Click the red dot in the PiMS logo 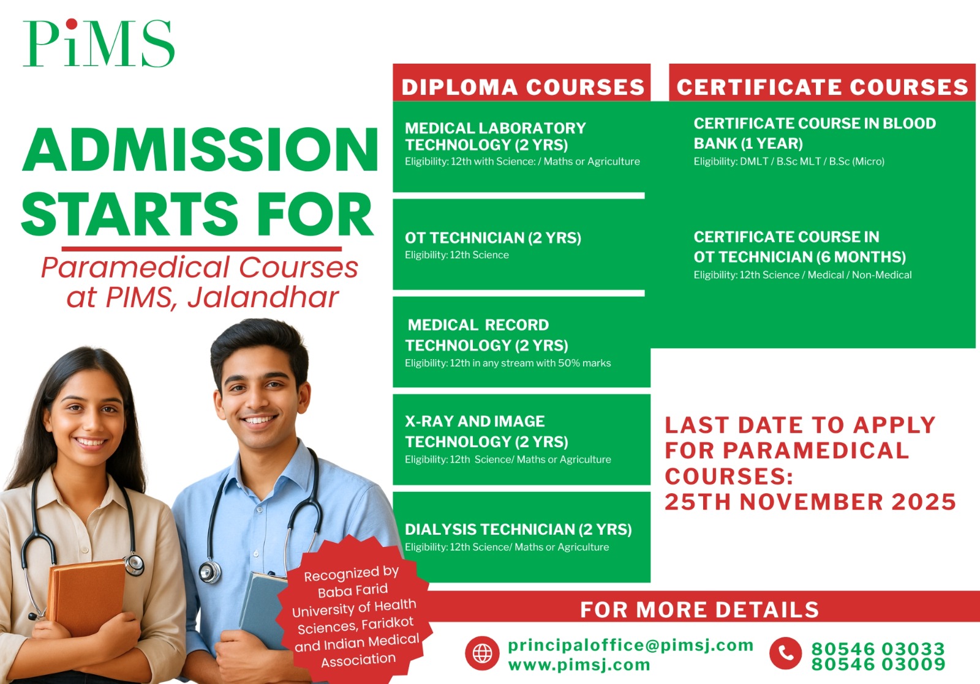click(72, 24)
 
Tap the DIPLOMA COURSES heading click(523, 86)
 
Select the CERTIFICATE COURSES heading click(822, 86)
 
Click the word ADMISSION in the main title click(200, 149)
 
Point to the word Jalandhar click(263, 297)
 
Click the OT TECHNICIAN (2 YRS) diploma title click(493, 238)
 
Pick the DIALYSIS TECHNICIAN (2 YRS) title click(518, 529)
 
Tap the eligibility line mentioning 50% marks click(508, 363)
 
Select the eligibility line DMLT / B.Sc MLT click(789, 162)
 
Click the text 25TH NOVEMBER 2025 click(810, 502)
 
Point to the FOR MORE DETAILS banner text click(699, 609)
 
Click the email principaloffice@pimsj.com click(630, 645)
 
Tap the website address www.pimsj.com click(579, 665)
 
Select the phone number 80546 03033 click(878, 649)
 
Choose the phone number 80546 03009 click(878, 664)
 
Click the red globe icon click(482, 653)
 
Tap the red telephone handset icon click(786, 653)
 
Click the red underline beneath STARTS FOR click(202, 248)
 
